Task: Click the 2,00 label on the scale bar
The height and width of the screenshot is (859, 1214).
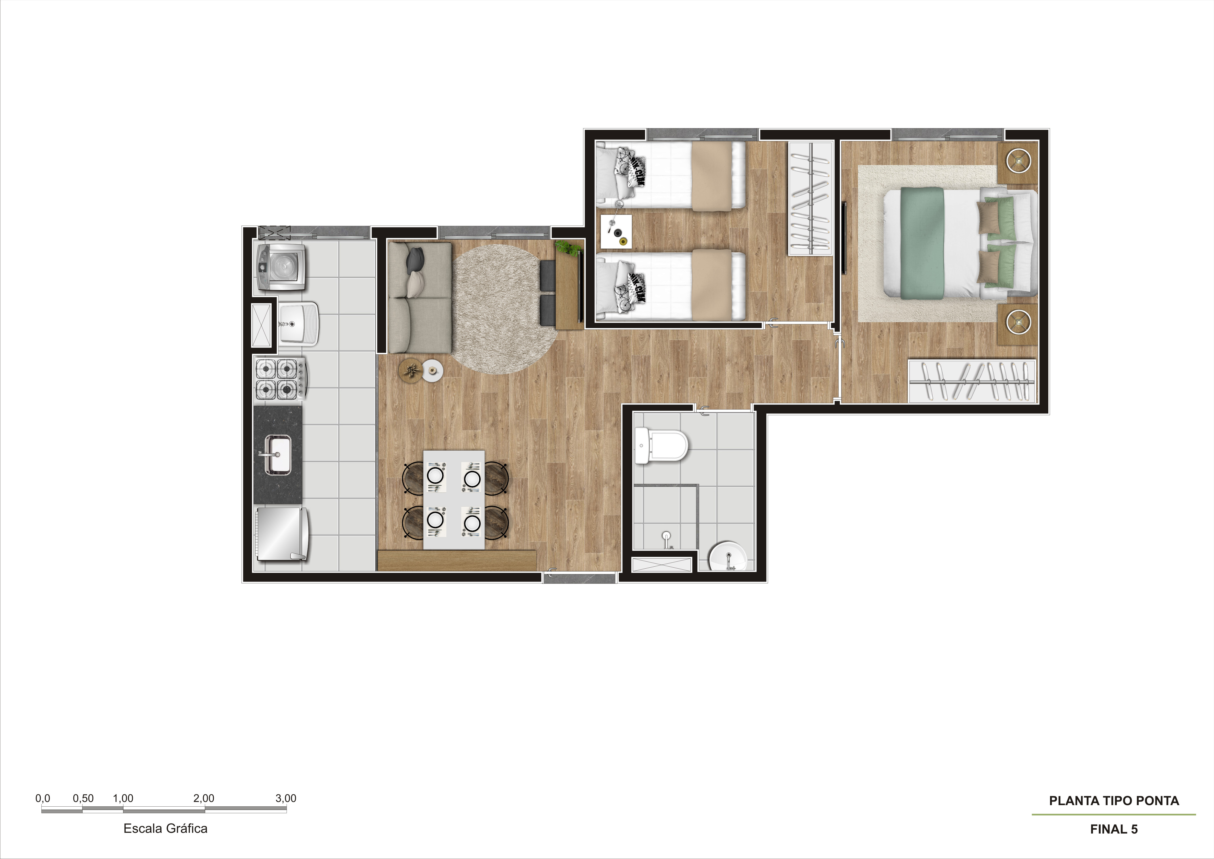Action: point(204,798)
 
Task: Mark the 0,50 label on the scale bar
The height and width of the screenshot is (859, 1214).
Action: point(83,798)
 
